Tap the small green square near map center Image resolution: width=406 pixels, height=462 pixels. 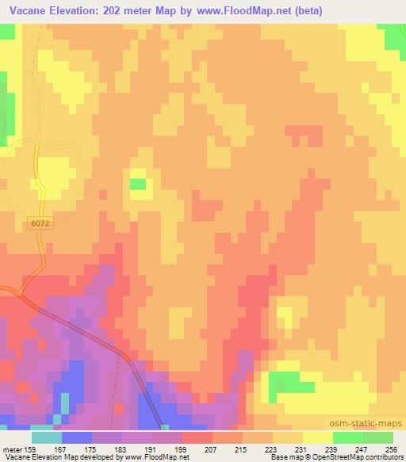138,184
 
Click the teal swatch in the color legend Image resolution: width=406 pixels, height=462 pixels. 47,438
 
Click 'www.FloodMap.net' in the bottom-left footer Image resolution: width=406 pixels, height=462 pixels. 152,456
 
